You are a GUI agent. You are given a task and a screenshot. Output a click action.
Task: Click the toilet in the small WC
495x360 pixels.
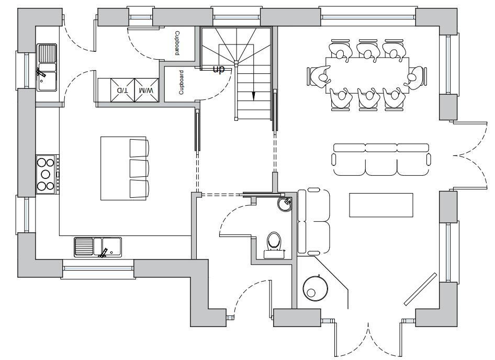coord(274,244)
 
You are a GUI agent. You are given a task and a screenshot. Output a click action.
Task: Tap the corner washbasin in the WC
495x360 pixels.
coord(286,203)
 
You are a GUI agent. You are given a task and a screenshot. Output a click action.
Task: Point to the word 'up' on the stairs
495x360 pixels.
coord(218,69)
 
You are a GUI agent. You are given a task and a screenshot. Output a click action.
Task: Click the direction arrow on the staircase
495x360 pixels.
coord(253,96)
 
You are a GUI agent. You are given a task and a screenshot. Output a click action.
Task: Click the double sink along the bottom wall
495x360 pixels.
coord(98,247)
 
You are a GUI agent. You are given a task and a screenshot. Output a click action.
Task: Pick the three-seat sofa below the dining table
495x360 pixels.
coord(382,160)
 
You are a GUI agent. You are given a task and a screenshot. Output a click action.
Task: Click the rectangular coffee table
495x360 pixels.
coord(381,205)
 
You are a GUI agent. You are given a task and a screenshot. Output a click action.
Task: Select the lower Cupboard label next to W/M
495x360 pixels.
coord(181,82)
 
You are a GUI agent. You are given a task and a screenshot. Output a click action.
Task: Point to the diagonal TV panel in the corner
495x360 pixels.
coord(420,289)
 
